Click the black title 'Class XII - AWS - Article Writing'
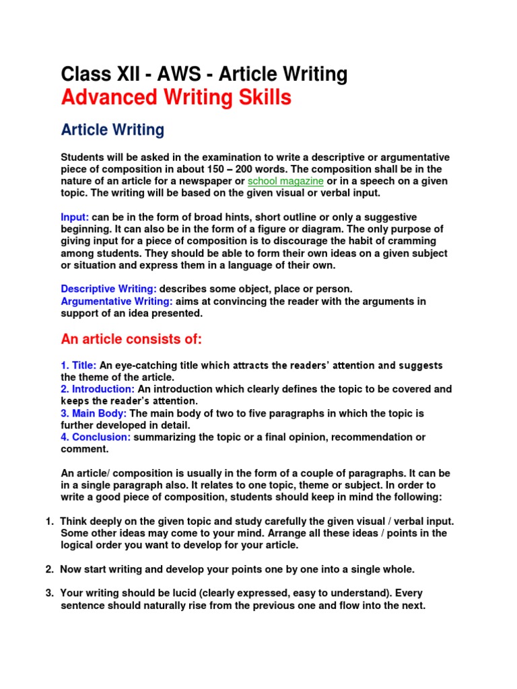pos(204,74)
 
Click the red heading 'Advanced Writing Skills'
pos(176,98)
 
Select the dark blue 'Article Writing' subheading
pos(112,129)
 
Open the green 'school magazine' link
pos(286,182)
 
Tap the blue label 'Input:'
pos(75,217)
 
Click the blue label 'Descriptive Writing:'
pos(109,289)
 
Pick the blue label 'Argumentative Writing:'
pos(116,301)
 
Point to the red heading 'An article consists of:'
pos(131,338)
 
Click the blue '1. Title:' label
pos(79,365)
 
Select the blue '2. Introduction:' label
pos(98,389)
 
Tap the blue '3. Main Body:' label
pos(94,413)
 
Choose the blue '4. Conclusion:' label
pos(96,437)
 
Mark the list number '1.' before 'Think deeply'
pos(49,521)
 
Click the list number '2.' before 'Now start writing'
pos(49,569)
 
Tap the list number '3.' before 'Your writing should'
pos(49,593)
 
